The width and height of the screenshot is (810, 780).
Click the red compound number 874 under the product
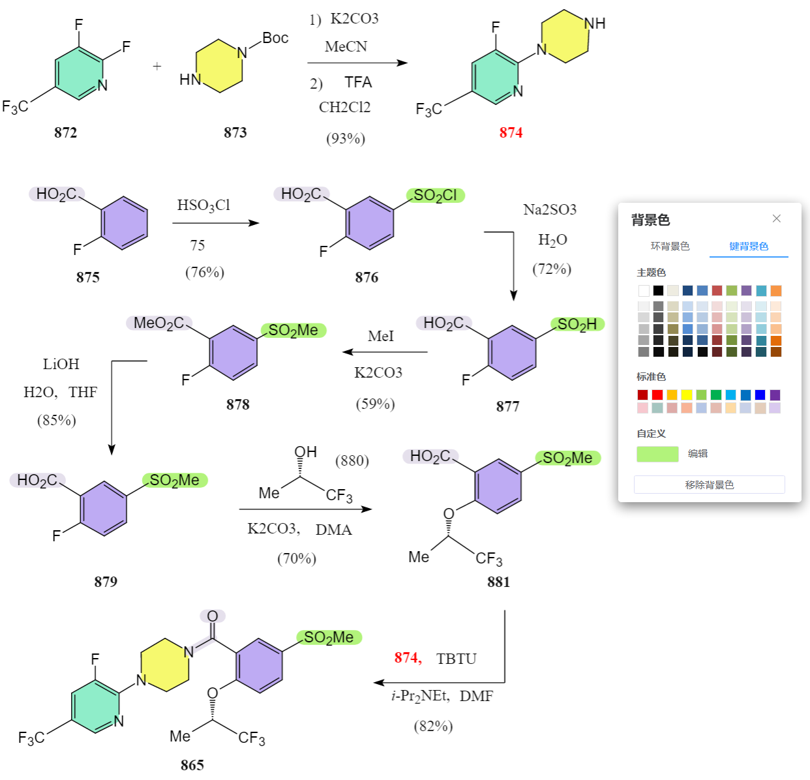[x=510, y=132]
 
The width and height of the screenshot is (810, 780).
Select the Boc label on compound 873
[x=275, y=38]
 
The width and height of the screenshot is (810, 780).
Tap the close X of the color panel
[x=776, y=218]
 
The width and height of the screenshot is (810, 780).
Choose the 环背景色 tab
[x=669, y=246]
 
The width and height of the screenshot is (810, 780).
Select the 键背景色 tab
[x=748, y=246]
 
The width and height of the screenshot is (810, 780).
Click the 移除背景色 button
[x=709, y=485]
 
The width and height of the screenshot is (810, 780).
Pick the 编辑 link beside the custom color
[x=697, y=453]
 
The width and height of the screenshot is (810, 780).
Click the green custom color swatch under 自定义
[x=657, y=454]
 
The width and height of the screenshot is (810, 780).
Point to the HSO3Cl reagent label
[x=203, y=205]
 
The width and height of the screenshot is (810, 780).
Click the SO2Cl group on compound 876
[x=435, y=195]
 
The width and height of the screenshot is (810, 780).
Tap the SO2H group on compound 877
[x=577, y=324]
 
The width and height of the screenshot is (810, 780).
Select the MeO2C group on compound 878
[x=158, y=323]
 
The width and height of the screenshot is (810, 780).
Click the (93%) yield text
[x=346, y=138]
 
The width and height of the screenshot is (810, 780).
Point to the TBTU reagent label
[x=456, y=659]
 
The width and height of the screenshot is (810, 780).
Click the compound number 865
[x=192, y=765]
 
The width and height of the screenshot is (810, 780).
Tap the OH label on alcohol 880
[x=305, y=452]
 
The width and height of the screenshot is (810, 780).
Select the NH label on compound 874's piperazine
[x=594, y=23]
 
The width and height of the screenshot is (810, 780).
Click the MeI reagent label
[x=380, y=337]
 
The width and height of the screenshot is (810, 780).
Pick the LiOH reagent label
[x=61, y=364]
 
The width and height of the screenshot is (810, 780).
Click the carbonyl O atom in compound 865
[x=212, y=616]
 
